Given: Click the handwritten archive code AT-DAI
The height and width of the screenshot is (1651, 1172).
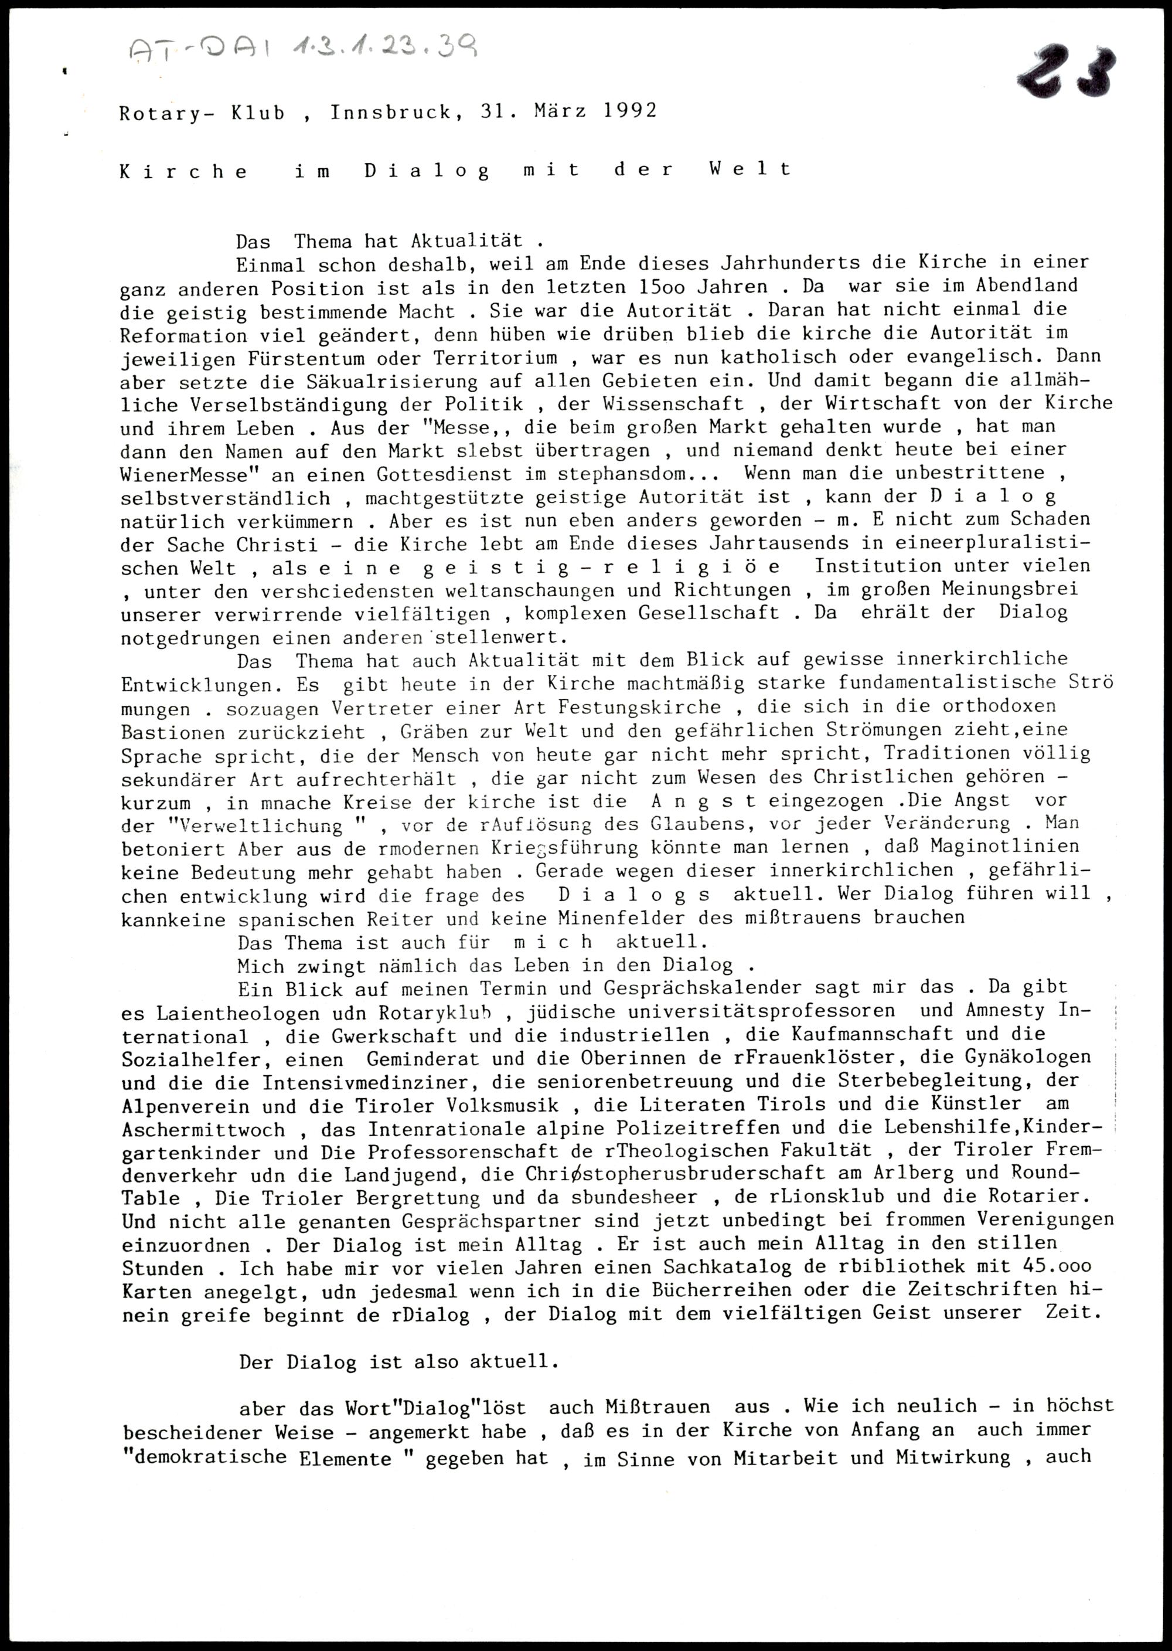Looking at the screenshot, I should [x=206, y=50].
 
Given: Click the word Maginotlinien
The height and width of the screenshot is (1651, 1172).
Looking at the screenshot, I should [x=1017, y=845].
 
